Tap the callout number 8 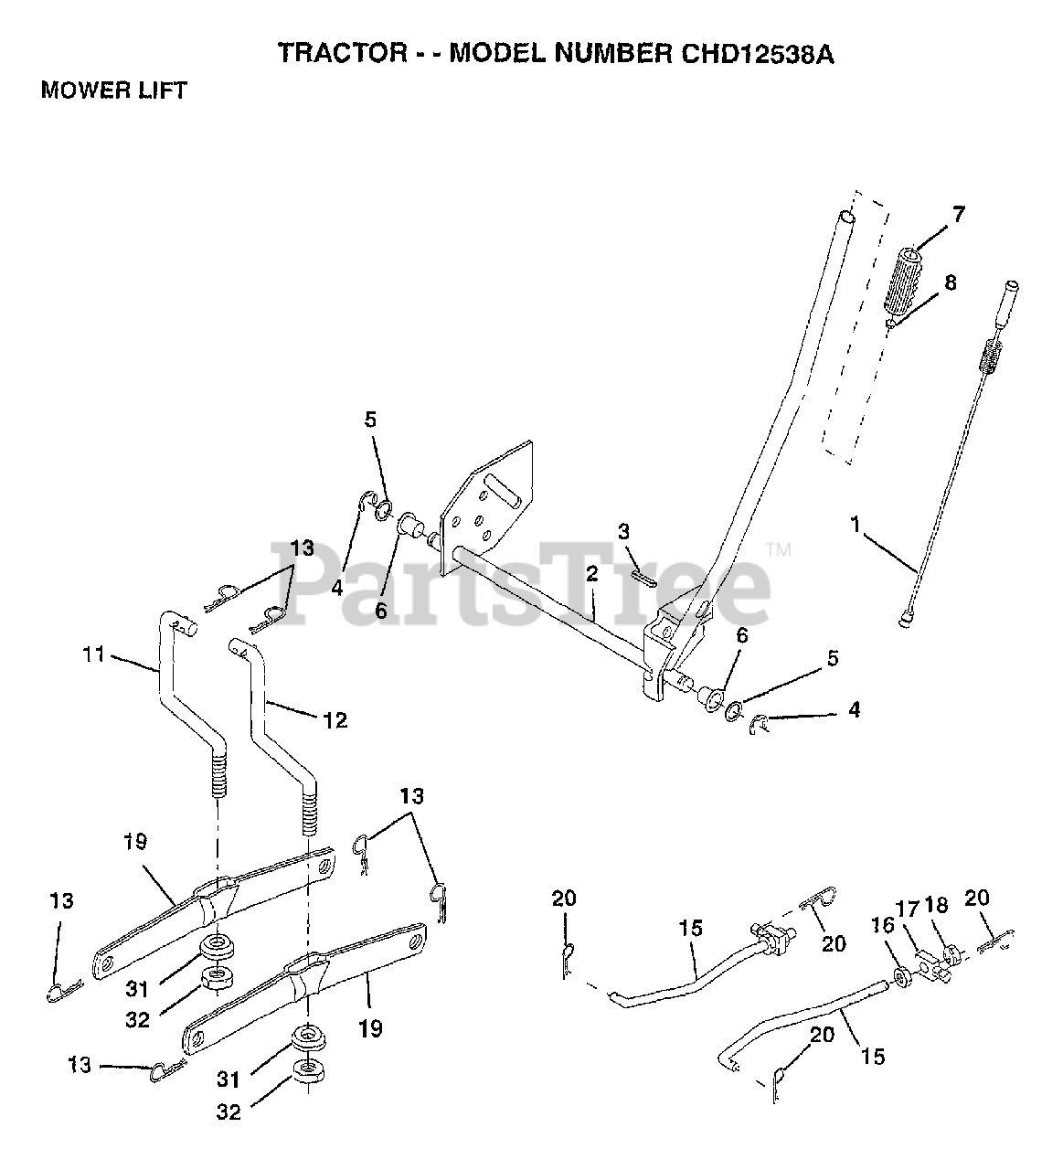click(951, 283)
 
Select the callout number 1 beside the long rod click(855, 526)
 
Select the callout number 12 click(335, 719)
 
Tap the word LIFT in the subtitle click(161, 90)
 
